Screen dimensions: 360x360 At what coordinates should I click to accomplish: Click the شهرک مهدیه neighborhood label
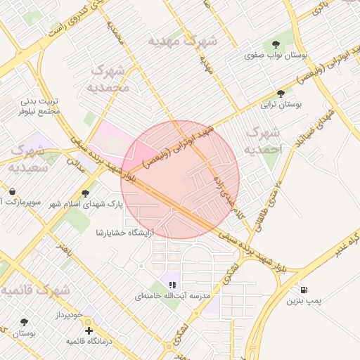click(x=182, y=41)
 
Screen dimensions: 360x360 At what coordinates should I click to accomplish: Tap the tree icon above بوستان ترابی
click(x=281, y=93)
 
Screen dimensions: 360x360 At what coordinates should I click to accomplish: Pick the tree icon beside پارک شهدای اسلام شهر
click(x=86, y=193)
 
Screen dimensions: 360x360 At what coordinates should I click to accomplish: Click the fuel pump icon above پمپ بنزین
click(x=304, y=289)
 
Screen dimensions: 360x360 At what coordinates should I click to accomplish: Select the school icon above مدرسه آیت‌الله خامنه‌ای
click(x=172, y=285)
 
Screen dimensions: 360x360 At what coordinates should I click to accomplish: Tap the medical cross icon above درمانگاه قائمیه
click(x=88, y=330)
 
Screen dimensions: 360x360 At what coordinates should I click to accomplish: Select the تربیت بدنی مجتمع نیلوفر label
click(x=39, y=106)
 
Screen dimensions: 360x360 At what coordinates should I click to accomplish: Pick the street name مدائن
click(x=76, y=165)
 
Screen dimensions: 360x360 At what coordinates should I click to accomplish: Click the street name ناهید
click(x=65, y=250)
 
